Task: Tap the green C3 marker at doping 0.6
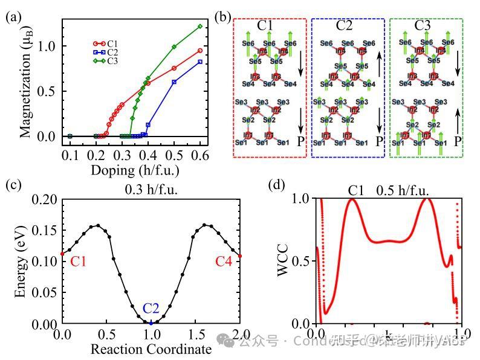(200, 26)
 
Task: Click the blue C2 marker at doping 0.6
(200, 62)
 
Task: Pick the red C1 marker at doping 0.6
(200, 51)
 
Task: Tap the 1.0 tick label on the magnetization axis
(47, 46)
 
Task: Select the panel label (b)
(222, 16)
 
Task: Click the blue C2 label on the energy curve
(151, 309)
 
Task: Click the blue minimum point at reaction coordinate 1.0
(151, 324)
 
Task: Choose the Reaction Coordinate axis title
(151, 349)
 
